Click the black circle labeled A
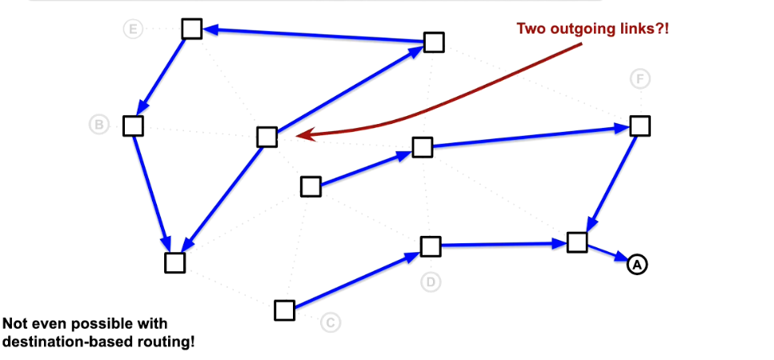point(636,264)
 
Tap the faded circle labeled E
point(133,30)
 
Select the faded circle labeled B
point(98,125)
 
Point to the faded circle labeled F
point(640,78)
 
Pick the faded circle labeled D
point(431,282)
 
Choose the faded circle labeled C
point(330,322)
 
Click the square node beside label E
point(191,29)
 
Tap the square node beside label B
point(133,126)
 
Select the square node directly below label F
point(640,126)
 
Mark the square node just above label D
point(431,246)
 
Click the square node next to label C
point(284,310)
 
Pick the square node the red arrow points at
point(267,137)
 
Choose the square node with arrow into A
point(577,242)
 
